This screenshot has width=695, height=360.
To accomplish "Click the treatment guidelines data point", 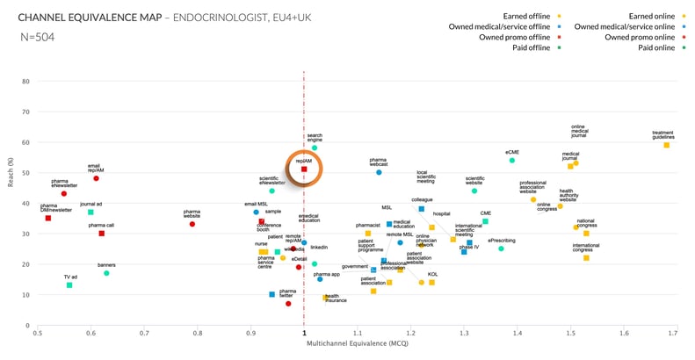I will (666, 145).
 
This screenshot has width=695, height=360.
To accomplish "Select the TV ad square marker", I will (69, 284).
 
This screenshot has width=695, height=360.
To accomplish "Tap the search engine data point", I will (314, 148).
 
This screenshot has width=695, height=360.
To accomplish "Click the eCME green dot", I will (511, 160).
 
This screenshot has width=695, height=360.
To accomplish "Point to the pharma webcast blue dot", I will (379, 172).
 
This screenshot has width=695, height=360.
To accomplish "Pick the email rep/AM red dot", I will (96, 178).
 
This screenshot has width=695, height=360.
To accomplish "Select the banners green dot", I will (106, 273).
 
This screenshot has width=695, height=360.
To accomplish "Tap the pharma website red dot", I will (192, 224).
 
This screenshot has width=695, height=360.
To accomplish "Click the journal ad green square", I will (90, 212).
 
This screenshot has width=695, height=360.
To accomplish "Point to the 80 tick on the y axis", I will (26, 82).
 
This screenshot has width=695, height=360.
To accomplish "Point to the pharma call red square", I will (102, 233).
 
